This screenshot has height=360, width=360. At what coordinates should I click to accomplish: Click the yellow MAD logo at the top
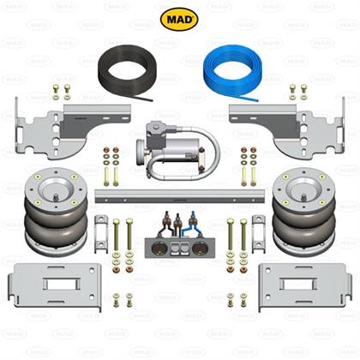pyautogui.click(x=179, y=20)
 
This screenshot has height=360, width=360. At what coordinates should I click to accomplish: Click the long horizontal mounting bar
pyautogui.click(x=180, y=196)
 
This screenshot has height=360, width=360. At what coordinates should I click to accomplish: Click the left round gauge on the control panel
pyautogui.click(x=159, y=247)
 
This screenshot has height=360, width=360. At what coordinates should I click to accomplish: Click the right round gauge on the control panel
pyautogui.click(x=199, y=247)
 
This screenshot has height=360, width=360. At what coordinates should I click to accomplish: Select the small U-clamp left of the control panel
pyautogui.click(x=101, y=234)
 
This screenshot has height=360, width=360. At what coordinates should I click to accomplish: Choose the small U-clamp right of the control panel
pyautogui.click(x=259, y=234)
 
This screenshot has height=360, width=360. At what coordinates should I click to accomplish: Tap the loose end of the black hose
pyautogui.click(x=152, y=100)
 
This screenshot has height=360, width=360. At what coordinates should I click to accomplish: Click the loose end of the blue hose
pyautogui.click(x=257, y=100)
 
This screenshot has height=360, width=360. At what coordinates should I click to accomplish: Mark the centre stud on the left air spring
pyautogui.click(x=56, y=197)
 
